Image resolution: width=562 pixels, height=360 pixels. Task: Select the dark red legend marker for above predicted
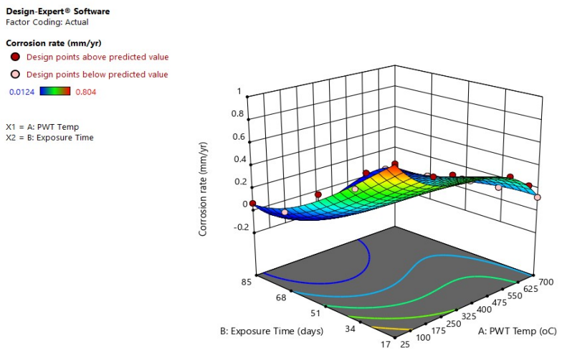[x=15, y=57]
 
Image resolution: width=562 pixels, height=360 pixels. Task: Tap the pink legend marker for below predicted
[x=15, y=75]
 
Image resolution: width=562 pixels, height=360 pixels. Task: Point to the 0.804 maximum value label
[x=85, y=92]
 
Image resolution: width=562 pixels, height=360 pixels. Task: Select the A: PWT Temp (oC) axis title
[x=516, y=331]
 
